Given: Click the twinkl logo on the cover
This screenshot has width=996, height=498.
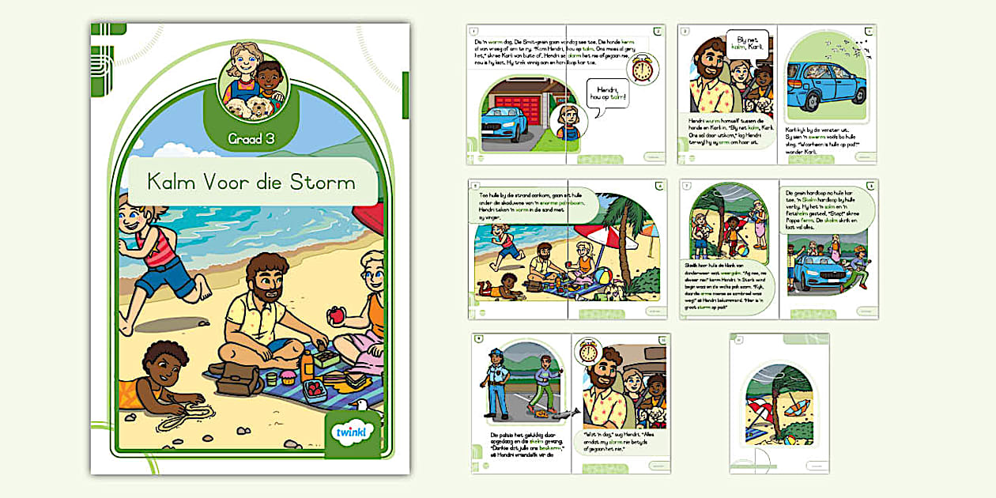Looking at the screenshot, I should click(x=353, y=433).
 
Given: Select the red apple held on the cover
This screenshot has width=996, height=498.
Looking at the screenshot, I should click(x=338, y=315).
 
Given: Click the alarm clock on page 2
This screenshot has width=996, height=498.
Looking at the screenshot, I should click(x=642, y=68).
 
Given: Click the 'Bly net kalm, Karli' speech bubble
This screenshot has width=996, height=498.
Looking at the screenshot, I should click(x=748, y=43).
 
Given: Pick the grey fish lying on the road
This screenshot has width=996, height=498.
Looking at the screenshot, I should click(x=566, y=413).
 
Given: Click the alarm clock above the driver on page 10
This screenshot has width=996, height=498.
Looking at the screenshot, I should click(x=588, y=350).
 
